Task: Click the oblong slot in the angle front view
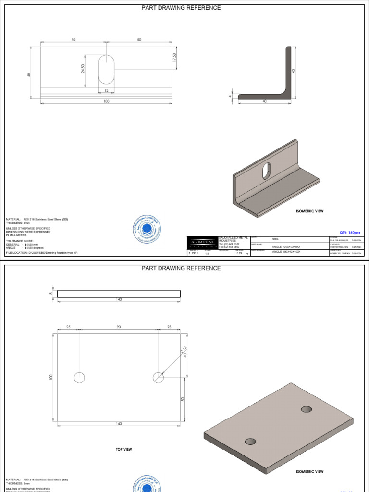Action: (107, 71)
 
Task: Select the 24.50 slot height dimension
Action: (83, 69)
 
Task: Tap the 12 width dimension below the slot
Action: (106, 91)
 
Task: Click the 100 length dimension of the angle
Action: (106, 101)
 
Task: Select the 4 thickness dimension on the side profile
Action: (230, 96)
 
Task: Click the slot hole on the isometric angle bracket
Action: (266, 171)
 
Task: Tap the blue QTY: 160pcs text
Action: (350, 233)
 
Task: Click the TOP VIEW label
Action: (123, 449)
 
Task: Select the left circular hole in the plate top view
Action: (79, 378)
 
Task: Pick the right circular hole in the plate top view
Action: (158, 378)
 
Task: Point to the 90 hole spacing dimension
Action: (119, 327)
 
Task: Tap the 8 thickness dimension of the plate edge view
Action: (50, 293)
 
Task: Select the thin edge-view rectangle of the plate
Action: (119, 294)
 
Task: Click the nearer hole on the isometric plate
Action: (250, 442)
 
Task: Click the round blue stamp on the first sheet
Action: (147, 230)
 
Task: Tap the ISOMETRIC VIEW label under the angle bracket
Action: (309, 211)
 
